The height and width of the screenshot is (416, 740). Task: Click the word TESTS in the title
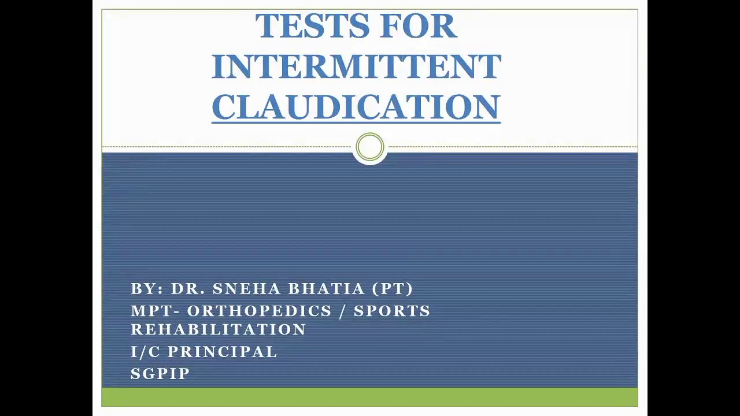pyautogui.click(x=313, y=27)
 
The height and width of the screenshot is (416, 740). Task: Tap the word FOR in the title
pyautogui.click(x=419, y=27)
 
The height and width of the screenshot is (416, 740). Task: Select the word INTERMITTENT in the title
pyautogui.click(x=356, y=67)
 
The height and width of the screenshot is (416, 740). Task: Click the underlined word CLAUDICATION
pyautogui.click(x=356, y=107)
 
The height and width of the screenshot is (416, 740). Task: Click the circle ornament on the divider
pyautogui.click(x=370, y=147)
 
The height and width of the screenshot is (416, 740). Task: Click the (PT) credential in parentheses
pyautogui.click(x=393, y=289)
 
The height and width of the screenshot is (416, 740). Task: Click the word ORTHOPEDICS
pyautogui.click(x=260, y=311)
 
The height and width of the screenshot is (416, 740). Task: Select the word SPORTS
pyautogui.click(x=392, y=311)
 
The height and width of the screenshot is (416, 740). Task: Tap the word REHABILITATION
pyautogui.click(x=219, y=329)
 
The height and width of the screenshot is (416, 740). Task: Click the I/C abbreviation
pyautogui.click(x=145, y=352)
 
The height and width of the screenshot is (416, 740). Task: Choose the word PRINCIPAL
pyautogui.click(x=223, y=352)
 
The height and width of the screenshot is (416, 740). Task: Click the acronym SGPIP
pyautogui.click(x=160, y=374)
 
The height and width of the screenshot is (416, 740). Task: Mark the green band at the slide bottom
pyautogui.click(x=370, y=397)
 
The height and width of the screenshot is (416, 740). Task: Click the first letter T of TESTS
pyautogui.click(x=264, y=27)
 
